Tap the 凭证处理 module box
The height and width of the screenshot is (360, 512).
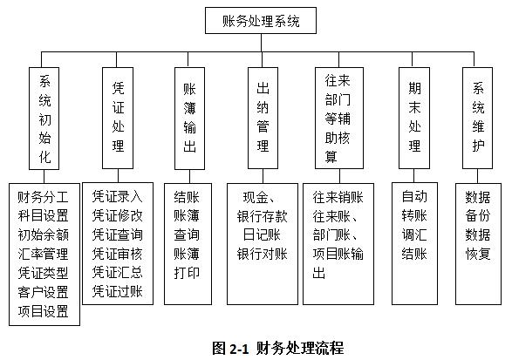coord(119,116)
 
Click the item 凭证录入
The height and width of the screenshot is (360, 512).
coord(118,195)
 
